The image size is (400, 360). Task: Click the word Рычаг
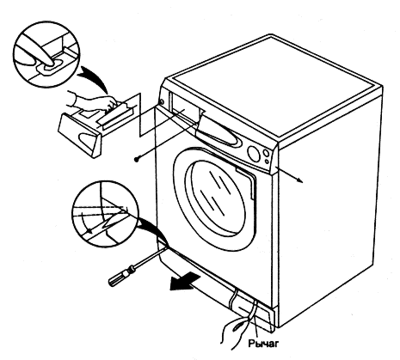[x=263, y=343]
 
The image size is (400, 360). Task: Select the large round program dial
[x=254, y=155]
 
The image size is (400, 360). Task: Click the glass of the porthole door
[x=216, y=198]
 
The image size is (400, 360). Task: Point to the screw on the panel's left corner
[x=161, y=101]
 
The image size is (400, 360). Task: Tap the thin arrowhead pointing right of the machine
[x=299, y=180]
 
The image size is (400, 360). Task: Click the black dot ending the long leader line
[x=137, y=159]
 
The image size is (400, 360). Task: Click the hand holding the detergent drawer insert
[x=92, y=101]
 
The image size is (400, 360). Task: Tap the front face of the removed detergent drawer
[x=80, y=135]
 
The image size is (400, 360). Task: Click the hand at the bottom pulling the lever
[x=235, y=333]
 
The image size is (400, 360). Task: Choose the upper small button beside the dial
[x=266, y=154]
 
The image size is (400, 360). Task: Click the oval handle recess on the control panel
[x=221, y=134]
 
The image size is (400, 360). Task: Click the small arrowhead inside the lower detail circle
[x=89, y=230]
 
